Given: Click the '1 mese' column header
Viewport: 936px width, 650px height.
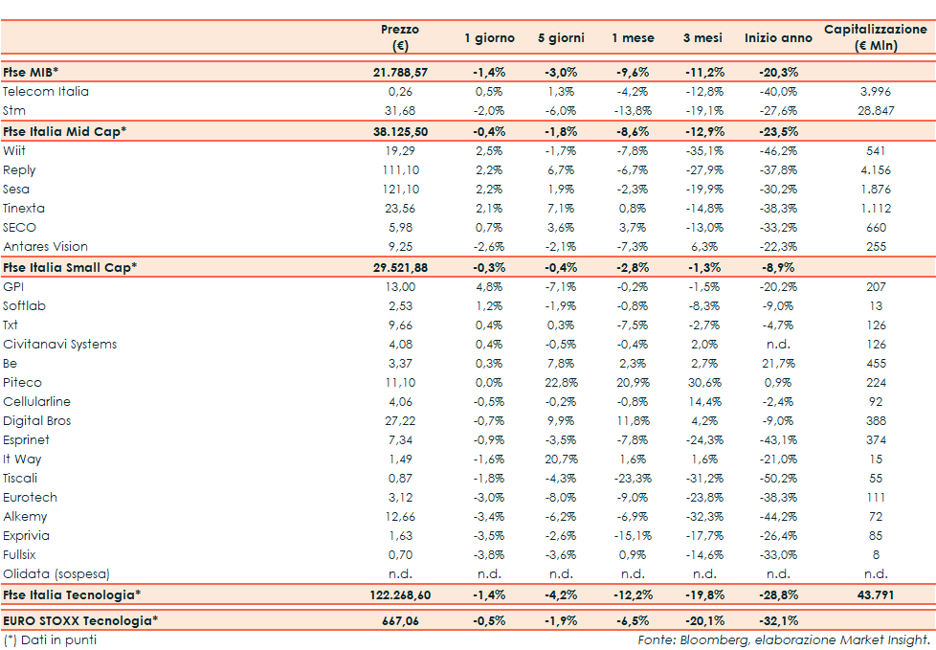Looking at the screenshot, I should click(x=633, y=38).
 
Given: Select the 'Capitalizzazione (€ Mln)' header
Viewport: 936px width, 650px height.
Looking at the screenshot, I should click(x=875, y=38).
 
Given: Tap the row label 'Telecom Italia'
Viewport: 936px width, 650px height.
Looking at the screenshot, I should click(x=46, y=92).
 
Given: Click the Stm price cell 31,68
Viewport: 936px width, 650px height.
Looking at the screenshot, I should click(x=401, y=111).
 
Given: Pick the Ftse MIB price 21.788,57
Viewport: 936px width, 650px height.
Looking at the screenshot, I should click(x=401, y=72).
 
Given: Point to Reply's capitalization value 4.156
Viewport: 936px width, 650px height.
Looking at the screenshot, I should click(x=875, y=170).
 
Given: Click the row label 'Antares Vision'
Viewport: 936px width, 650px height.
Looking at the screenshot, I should click(x=45, y=247).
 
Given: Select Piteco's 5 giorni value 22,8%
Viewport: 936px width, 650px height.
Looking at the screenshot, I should click(x=560, y=383).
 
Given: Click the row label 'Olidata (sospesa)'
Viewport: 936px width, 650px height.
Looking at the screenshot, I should click(x=56, y=574).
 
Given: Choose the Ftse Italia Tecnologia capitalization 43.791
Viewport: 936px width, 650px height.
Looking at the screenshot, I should click(x=875, y=595).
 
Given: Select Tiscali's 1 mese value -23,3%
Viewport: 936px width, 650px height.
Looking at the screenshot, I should click(x=633, y=479).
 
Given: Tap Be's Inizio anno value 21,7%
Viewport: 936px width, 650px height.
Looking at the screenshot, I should click(x=776, y=364).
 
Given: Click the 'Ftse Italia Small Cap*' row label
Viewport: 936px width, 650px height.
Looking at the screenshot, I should click(x=70, y=267).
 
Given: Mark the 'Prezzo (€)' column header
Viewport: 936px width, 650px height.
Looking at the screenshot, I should click(x=400, y=38).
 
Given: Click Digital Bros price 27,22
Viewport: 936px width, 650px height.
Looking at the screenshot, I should click(x=401, y=421).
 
